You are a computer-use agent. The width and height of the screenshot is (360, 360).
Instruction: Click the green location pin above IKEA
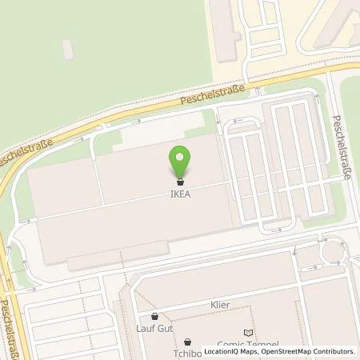180,159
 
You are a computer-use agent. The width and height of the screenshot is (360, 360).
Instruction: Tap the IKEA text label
180,192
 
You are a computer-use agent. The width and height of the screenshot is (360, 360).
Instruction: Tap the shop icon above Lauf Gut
154,316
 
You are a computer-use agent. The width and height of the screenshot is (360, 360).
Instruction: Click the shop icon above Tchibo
187,340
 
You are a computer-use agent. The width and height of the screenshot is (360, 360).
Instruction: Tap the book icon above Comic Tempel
246,331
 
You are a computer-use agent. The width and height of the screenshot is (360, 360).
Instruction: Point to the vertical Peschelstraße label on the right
342,148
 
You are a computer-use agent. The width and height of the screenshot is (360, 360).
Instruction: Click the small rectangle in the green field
68,50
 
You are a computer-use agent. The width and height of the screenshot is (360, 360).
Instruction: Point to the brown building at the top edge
224,28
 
